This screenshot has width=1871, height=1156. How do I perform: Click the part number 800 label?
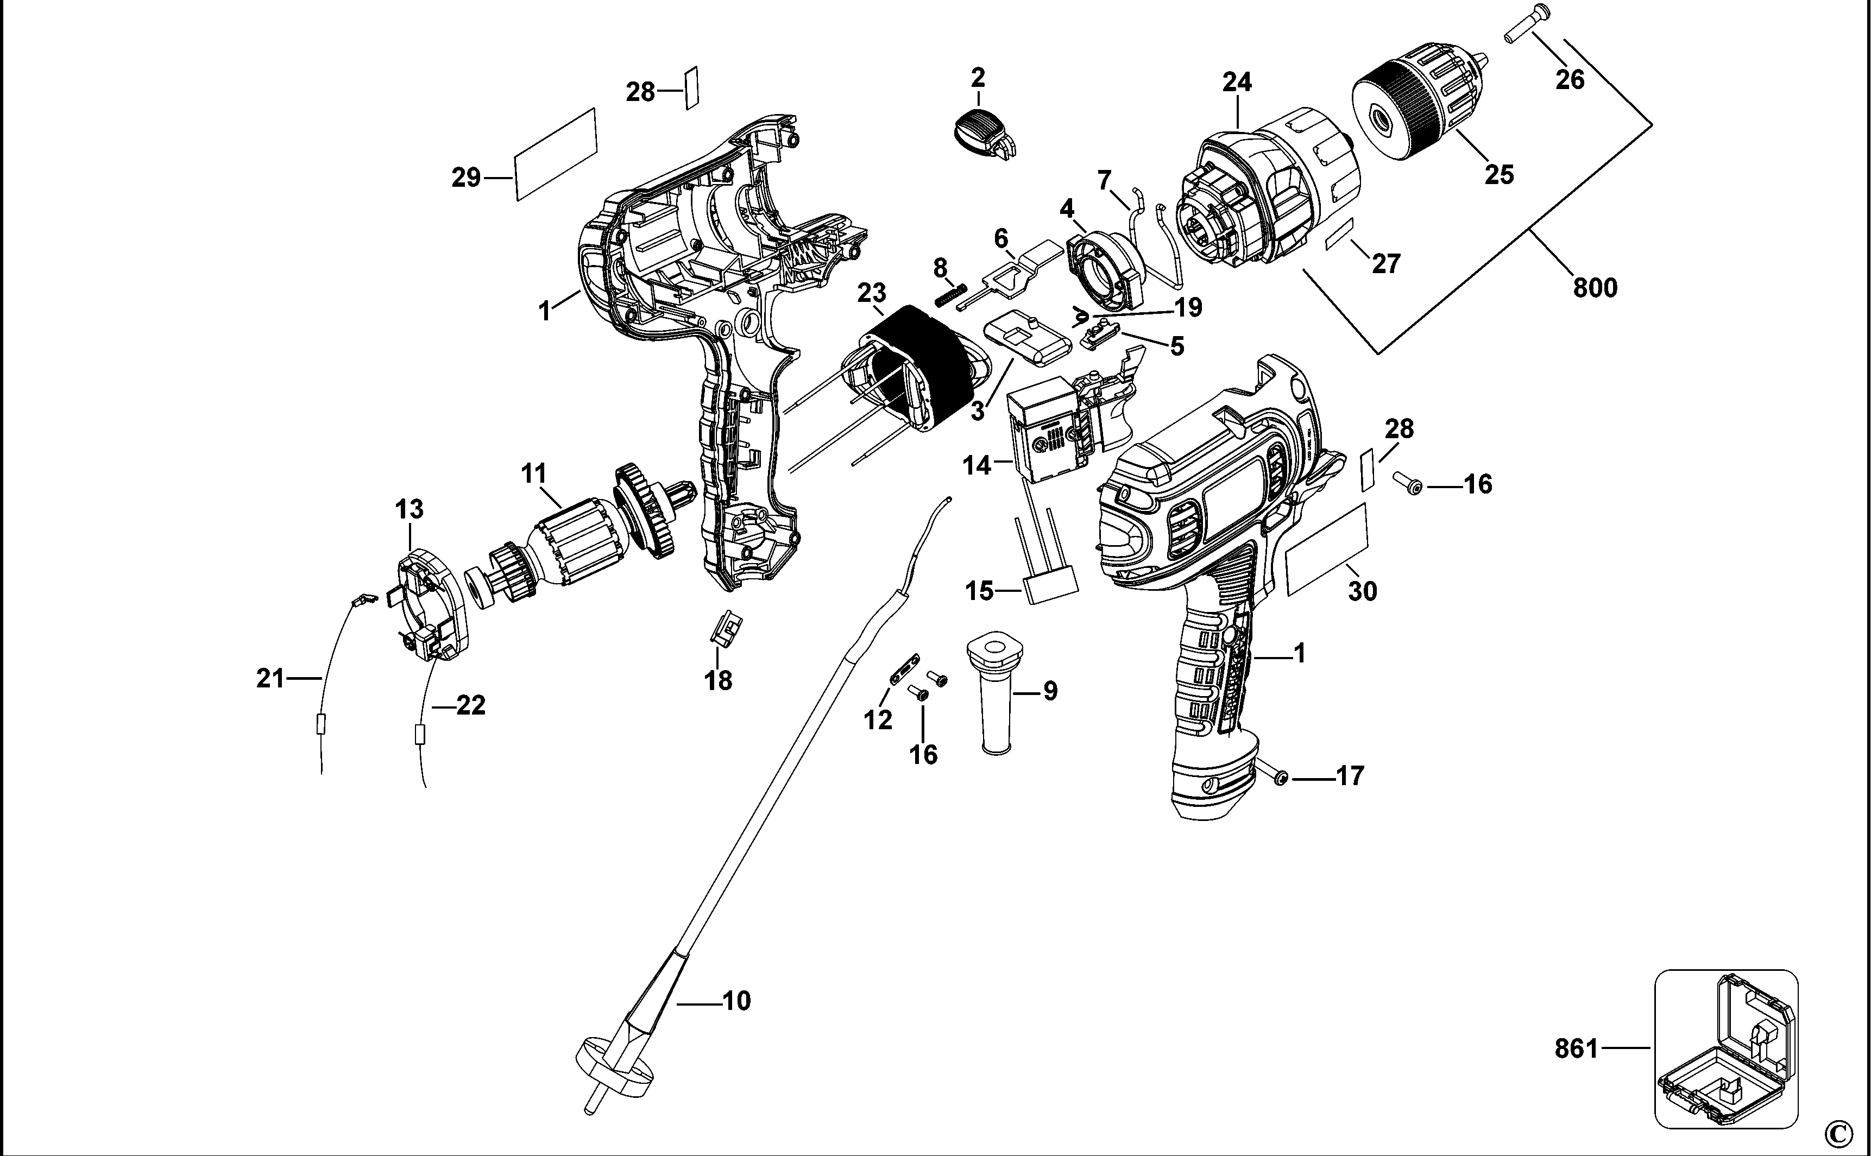1595,288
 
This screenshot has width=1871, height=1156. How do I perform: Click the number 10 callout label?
736,1000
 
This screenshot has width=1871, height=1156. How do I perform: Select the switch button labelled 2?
983,134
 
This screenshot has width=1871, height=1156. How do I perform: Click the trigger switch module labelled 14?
1055,436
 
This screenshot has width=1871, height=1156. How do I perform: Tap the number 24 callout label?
1236,82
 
